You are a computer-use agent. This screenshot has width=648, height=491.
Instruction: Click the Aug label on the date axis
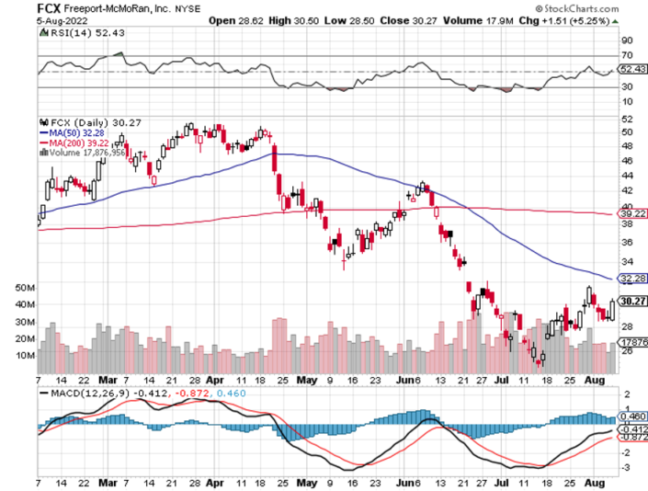592,378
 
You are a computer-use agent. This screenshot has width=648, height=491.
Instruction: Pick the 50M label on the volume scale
24,287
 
